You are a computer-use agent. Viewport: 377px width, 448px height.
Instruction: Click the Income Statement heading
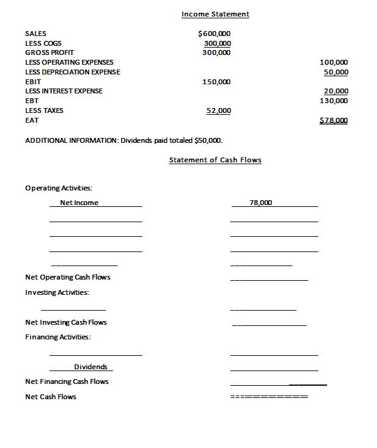click(215, 14)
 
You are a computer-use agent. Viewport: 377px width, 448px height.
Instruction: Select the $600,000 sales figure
click(215, 34)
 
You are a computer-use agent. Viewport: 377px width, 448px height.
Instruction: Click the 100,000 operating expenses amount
click(334, 62)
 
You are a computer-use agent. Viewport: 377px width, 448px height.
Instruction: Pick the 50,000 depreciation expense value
click(336, 72)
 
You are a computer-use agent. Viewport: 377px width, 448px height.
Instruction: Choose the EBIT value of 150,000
click(216, 82)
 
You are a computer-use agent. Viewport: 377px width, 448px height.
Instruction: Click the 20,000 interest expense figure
click(336, 91)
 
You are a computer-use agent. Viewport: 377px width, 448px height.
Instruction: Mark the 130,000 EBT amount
click(334, 100)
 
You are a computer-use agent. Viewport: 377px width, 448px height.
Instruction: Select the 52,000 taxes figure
click(219, 110)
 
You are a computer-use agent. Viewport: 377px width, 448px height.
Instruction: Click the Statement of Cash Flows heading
click(215, 160)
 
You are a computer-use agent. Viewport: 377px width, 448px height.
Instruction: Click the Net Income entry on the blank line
click(79, 203)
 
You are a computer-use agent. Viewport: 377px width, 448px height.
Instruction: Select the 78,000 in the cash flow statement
click(261, 203)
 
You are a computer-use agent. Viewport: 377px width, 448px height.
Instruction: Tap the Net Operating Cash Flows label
click(68, 277)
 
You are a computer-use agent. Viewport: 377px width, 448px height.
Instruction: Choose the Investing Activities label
click(57, 292)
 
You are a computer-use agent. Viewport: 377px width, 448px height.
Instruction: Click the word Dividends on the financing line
click(90, 367)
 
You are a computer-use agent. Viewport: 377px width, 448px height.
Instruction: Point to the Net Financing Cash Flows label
click(67, 381)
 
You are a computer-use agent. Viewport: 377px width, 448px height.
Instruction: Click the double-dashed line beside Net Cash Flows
click(269, 397)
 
